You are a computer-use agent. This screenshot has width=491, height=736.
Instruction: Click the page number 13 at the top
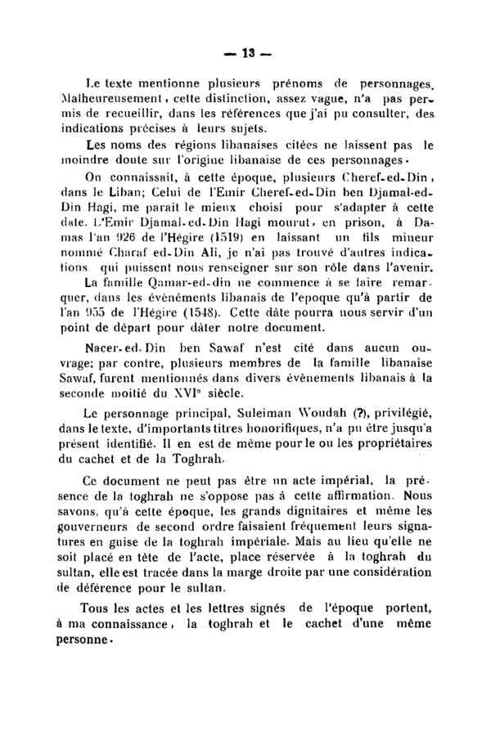pyautogui.click(x=245, y=53)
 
